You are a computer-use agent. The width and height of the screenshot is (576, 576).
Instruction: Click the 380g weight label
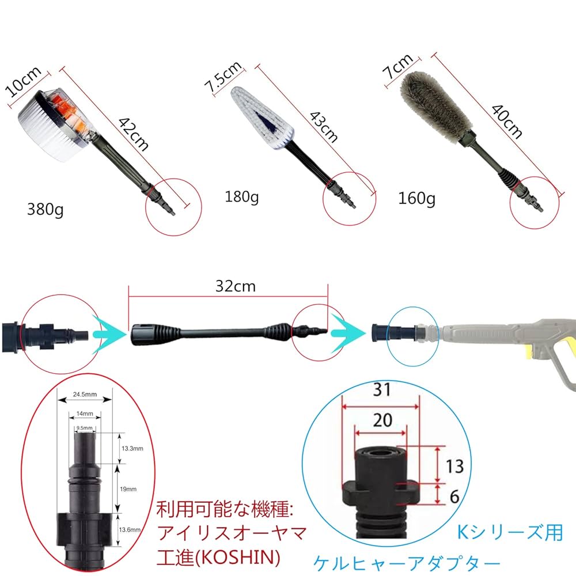point(46,209)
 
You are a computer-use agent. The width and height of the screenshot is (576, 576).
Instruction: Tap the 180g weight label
point(241,198)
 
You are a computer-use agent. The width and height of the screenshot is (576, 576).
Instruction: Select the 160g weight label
point(417,199)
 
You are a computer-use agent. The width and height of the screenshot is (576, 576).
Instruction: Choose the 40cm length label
point(506,122)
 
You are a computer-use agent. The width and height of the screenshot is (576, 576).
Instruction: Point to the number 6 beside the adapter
point(454,496)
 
